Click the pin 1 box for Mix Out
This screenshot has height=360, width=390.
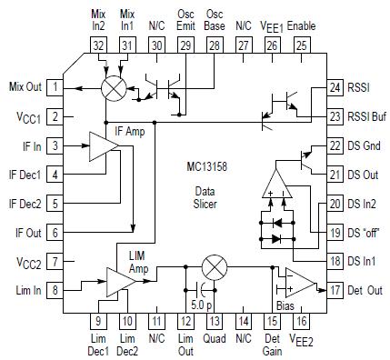tap(56, 88)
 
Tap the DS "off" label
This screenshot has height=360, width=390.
tap(365, 233)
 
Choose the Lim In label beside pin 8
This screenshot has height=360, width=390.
tap(25, 290)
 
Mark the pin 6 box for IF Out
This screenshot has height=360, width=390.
tap(56, 233)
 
